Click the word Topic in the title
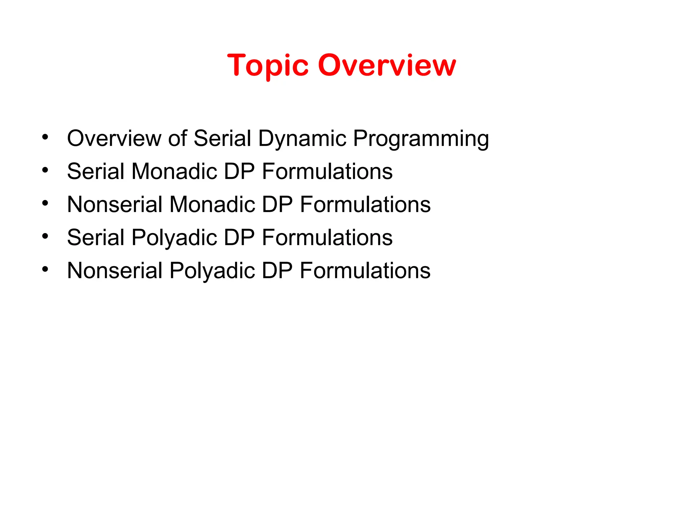(268, 66)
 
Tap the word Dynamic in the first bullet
(302, 138)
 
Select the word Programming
(421, 139)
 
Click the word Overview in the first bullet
(114, 138)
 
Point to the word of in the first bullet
(177, 138)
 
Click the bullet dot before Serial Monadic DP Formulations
(45, 170)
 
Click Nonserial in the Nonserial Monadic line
(115, 204)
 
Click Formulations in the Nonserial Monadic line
(365, 204)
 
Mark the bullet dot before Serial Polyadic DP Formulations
(45, 236)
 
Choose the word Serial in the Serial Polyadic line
(96, 237)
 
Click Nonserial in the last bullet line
(115, 271)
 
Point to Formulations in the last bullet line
(365, 271)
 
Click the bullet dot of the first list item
(45, 137)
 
